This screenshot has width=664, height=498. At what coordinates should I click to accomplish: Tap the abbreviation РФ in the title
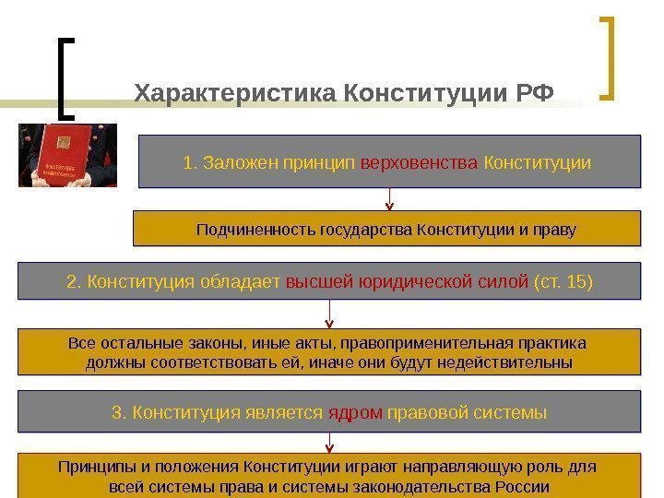536,94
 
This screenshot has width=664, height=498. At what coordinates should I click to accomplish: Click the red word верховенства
419,163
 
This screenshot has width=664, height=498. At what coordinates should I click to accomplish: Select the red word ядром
355,411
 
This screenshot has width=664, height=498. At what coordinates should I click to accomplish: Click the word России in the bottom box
523,486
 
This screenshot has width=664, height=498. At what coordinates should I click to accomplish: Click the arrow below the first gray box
389,199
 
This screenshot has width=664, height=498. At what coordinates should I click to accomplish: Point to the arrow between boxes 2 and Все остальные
328,314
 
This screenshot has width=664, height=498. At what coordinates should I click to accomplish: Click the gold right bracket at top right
608,57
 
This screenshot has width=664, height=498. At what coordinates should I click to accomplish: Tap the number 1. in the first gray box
191,163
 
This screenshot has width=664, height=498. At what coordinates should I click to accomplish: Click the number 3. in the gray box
118,411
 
